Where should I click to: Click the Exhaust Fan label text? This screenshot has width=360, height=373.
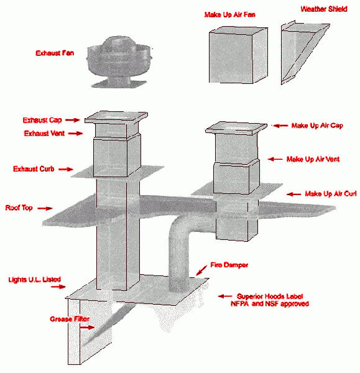pos(55,53)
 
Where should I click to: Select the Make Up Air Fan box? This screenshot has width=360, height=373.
pos(234,55)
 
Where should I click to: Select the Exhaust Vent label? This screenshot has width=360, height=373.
pos(44,133)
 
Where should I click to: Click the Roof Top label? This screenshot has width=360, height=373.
pos(19,208)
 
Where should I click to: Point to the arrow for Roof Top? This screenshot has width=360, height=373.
pos(45,209)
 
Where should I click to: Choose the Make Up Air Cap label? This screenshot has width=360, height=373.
pos(318,125)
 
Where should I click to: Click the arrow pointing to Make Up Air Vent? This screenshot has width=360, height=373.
pos(274,159)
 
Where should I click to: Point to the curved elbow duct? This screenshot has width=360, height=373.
pos(180,236)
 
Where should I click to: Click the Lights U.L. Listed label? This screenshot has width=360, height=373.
pos(34,280)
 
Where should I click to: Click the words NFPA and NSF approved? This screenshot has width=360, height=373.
pos(272,304)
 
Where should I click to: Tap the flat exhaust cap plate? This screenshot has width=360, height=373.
pos(115,117)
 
